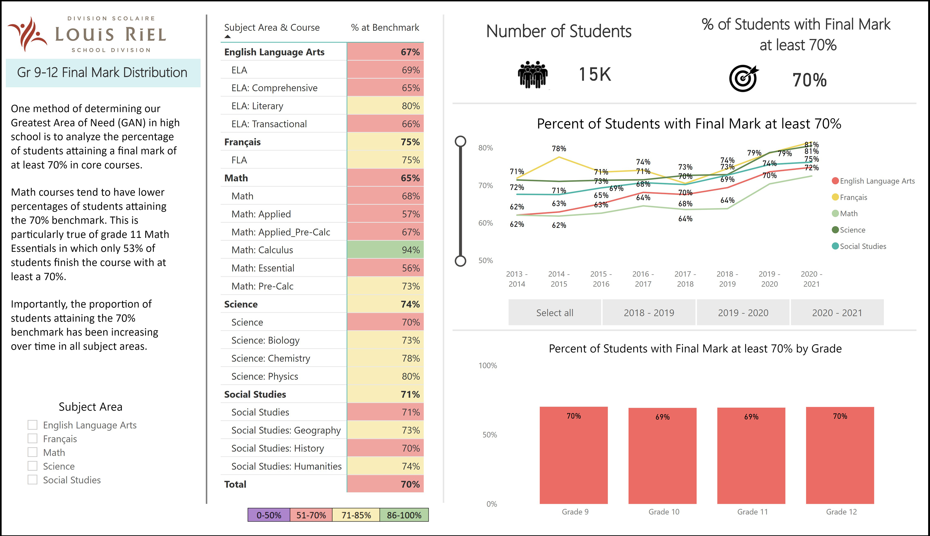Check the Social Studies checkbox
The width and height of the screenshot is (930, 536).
32,480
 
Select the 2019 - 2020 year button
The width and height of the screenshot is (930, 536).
743,313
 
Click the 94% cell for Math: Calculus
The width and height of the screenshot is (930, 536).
385,250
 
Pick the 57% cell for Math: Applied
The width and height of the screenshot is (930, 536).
385,214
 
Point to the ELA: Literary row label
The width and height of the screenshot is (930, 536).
257,106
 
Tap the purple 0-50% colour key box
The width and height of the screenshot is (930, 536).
269,515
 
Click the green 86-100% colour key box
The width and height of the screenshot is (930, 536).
404,515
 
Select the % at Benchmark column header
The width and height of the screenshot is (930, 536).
385,28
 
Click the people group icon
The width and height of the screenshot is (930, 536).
533,74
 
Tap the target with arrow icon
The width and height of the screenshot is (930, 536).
743,78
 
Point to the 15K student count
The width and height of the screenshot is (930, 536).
595,74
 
